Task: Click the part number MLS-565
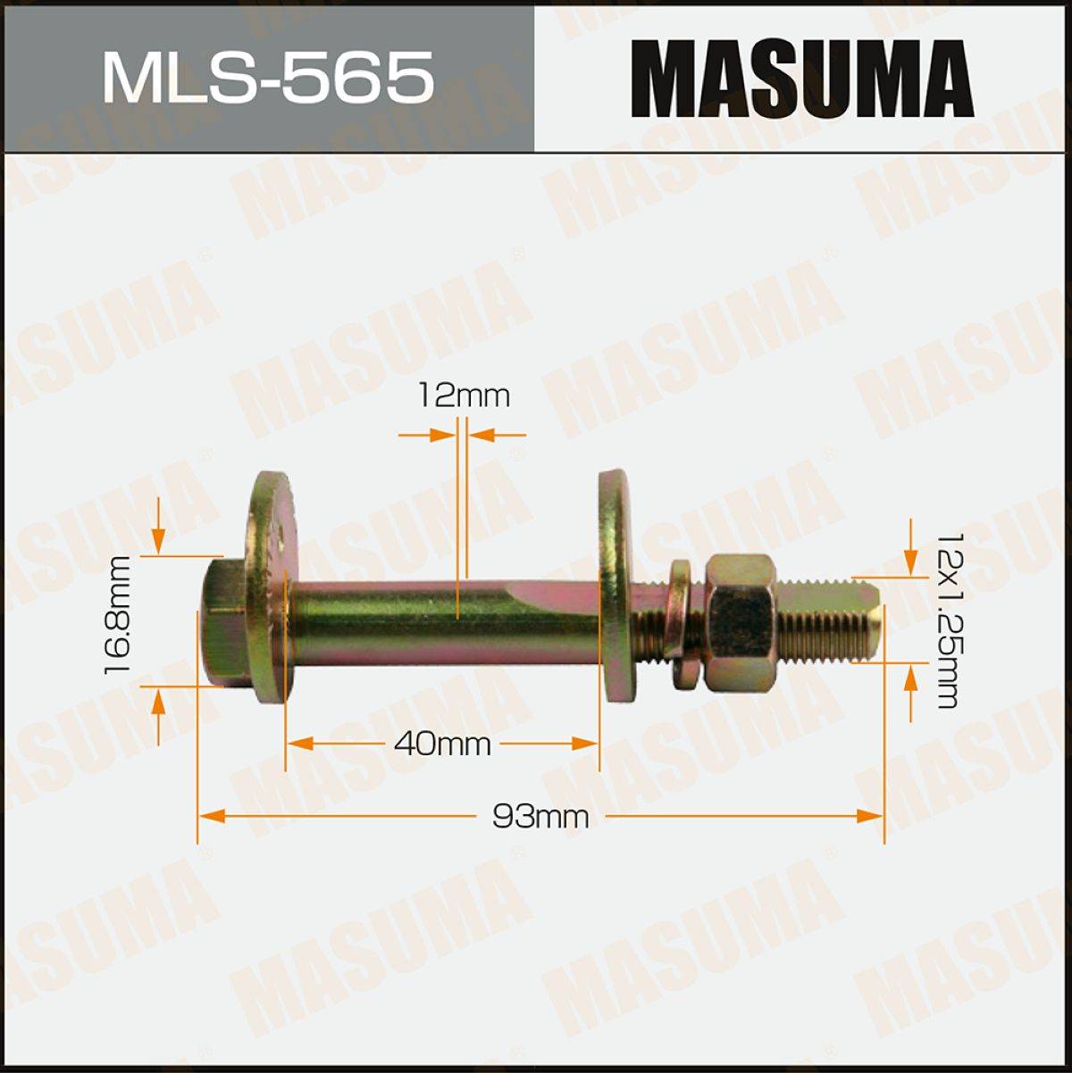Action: (x=268, y=77)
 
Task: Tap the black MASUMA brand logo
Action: (x=802, y=78)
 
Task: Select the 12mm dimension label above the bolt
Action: (x=464, y=396)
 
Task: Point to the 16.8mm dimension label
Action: (x=118, y=615)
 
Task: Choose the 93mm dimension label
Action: (x=540, y=818)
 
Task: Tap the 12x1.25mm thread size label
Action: (x=950, y=620)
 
